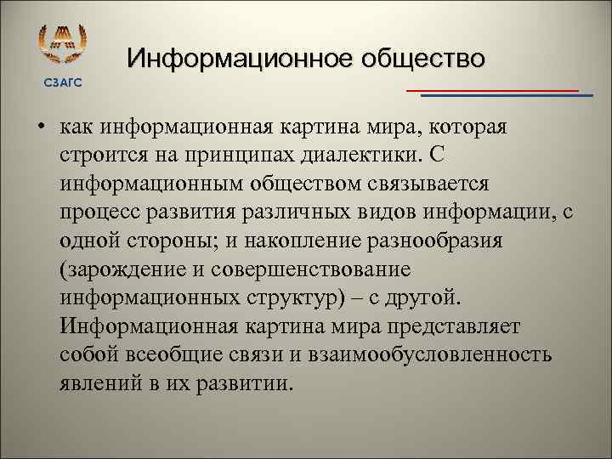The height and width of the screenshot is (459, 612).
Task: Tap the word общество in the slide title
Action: coord(423,59)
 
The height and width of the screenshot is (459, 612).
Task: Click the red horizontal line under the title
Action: coord(492,89)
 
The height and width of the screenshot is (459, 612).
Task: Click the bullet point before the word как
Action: coord(41,128)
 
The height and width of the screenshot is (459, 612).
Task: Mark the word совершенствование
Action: coord(309,269)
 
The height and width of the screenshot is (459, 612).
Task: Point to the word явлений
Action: coord(97,383)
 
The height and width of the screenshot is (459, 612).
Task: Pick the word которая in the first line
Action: coord(467,127)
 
